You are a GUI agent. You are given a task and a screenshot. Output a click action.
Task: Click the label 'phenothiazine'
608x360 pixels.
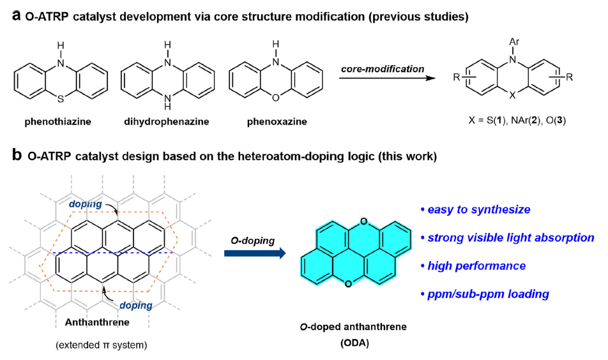coord(59,120)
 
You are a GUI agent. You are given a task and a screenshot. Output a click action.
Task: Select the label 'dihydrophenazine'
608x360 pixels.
coord(166,120)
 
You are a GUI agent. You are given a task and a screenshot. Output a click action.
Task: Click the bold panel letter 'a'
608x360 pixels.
coord(18,16)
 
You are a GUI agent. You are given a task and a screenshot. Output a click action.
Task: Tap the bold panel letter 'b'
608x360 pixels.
coord(18,156)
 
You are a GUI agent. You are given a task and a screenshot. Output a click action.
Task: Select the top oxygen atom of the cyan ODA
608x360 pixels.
coord(362,222)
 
